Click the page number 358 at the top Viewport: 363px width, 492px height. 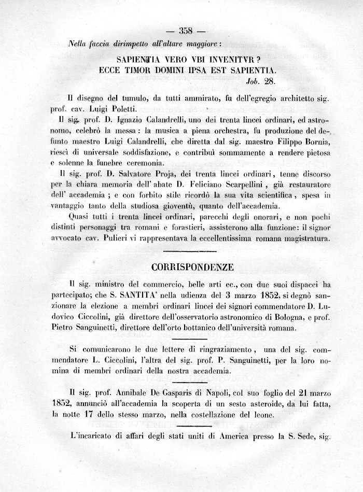coord(185,29)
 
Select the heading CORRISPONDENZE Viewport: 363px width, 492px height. coord(192,268)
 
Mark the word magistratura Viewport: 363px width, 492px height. coord(301,239)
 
